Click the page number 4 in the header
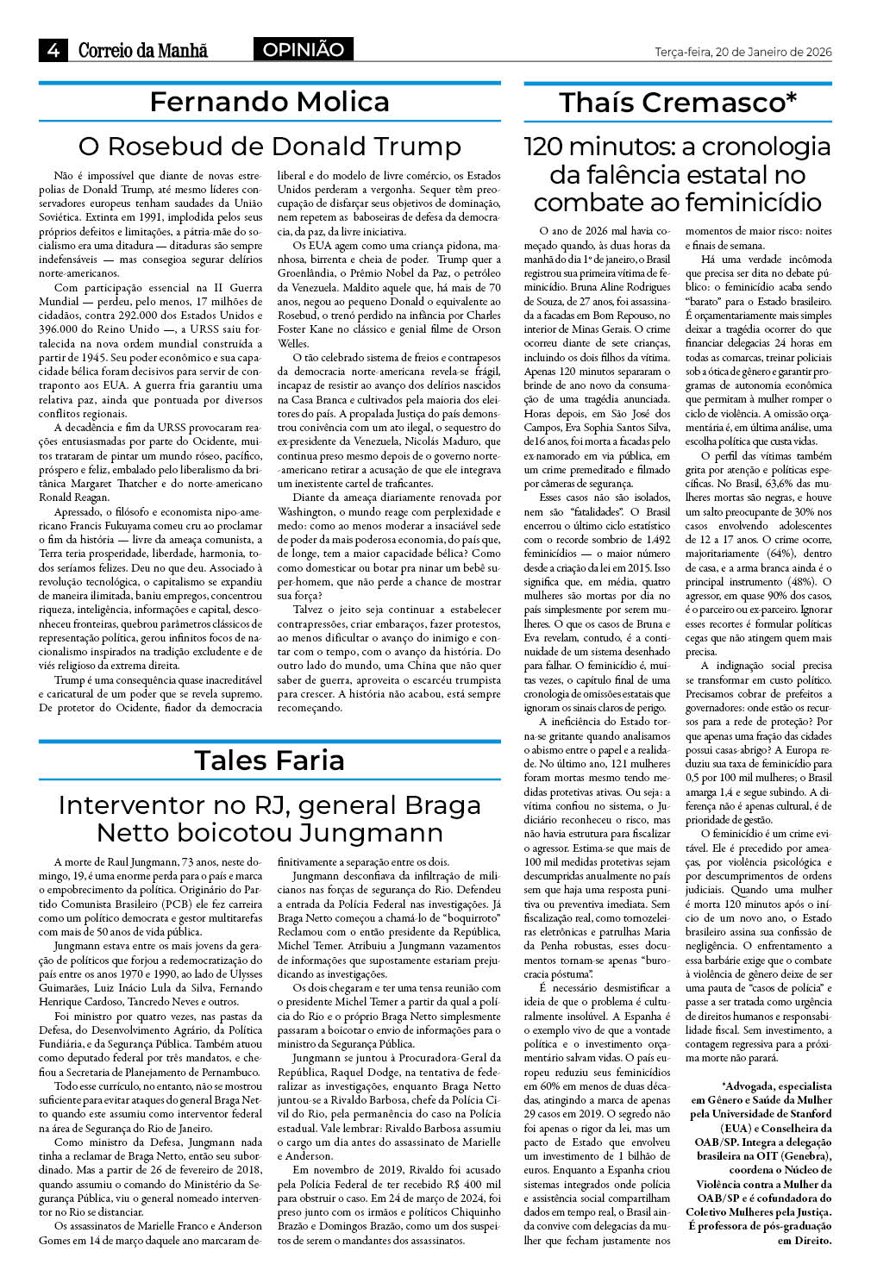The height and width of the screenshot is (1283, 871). tap(53, 50)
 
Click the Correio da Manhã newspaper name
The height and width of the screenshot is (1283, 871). tap(143, 50)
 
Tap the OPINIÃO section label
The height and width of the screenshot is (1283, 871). tap(303, 50)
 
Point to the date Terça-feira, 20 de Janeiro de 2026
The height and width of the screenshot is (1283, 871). tap(743, 52)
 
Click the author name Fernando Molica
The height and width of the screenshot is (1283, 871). tap(269, 102)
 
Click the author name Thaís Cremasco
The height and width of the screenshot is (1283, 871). tap(677, 103)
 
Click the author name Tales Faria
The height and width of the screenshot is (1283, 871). tap(269, 760)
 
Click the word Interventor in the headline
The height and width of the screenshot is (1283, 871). tap(132, 805)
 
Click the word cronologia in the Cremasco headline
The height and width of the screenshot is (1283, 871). tap(755, 147)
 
